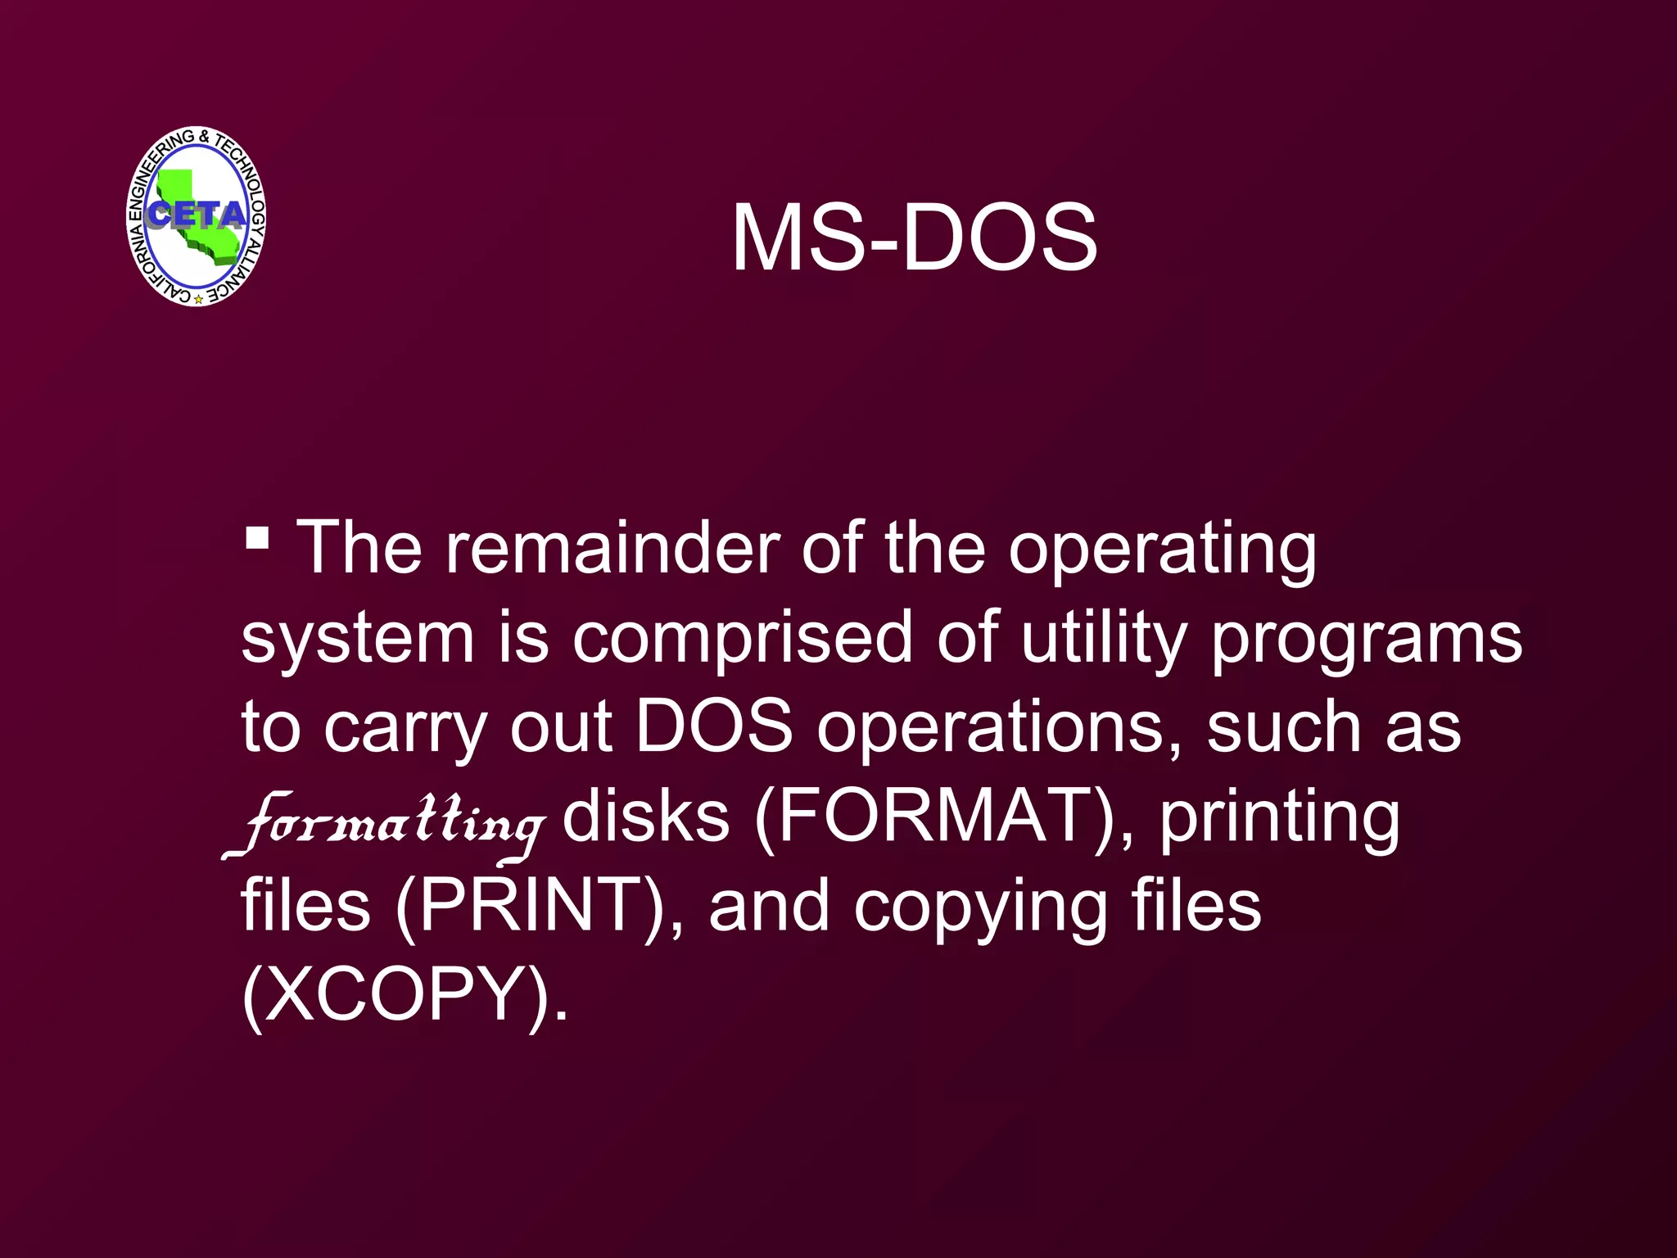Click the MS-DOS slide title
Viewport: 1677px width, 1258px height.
tap(914, 238)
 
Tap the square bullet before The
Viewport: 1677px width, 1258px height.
tap(257, 539)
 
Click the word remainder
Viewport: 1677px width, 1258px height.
tap(612, 548)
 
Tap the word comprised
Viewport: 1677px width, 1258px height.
tap(742, 638)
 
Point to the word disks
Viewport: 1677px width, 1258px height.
tap(645, 817)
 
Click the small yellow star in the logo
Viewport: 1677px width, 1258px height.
tap(198, 300)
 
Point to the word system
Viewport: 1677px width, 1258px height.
tap(358, 640)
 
